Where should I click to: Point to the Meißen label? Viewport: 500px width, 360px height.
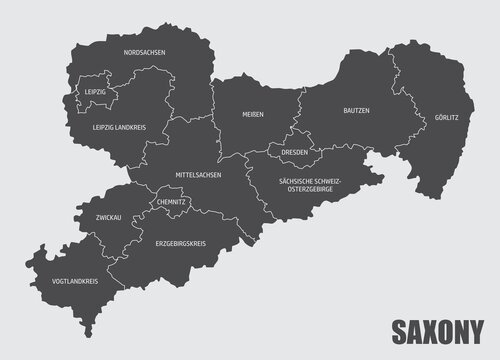pyautogui.click(x=253, y=115)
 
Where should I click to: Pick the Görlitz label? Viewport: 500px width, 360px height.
pyautogui.click(x=446, y=117)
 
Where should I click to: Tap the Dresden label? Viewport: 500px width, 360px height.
pyautogui.click(x=295, y=153)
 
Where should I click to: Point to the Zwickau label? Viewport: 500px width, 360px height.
pyautogui.click(x=109, y=216)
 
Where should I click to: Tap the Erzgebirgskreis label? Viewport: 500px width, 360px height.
pyautogui.click(x=180, y=242)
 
